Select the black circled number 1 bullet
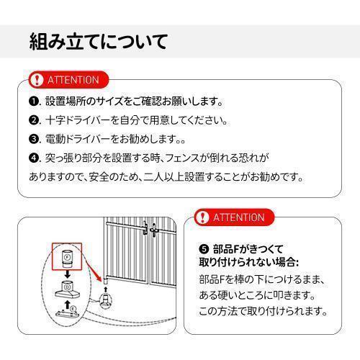click(33, 102)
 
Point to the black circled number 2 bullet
click(33, 120)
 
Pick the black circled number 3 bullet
click(33, 139)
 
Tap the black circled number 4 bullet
click(33, 157)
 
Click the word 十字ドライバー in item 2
click(76, 120)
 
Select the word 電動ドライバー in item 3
click(76, 139)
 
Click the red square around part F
click(67, 256)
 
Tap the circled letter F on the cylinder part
click(67, 256)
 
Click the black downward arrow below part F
click(67, 273)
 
